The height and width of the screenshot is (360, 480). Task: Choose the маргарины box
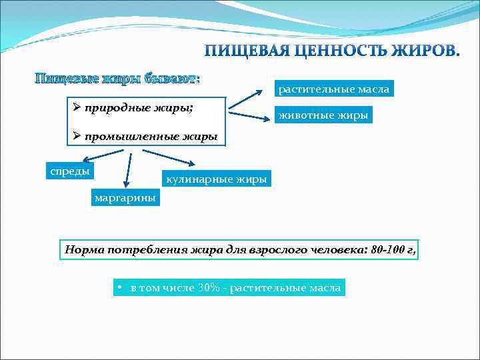click(125, 197)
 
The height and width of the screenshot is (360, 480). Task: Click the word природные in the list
click(111, 107)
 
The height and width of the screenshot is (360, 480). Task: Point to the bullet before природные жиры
click(77, 107)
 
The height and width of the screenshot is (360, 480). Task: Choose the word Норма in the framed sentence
click(83, 251)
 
